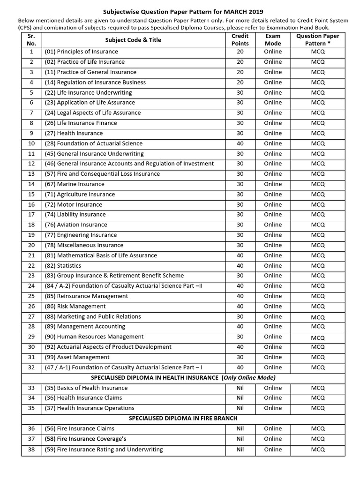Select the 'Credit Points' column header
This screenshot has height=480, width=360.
click(x=240, y=40)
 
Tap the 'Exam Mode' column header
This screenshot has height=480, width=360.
click(x=273, y=40)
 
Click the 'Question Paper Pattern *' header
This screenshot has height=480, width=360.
click(x=317, y=40)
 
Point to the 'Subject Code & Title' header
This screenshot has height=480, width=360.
click(x=133, y=40)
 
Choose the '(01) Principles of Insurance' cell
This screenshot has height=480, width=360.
click(x=82, y=52)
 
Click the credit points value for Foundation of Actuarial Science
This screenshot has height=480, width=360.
click(x=240, y=143)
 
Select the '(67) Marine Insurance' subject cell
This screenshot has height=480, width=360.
click(x=75, y=184)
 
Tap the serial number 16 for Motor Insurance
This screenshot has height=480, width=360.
click(x=31, y=204)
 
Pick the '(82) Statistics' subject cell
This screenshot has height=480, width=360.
click(x=63, y=266)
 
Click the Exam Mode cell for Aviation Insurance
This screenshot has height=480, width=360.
click(x=273, y=225)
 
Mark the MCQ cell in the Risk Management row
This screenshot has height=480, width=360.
click(x=317, y=307)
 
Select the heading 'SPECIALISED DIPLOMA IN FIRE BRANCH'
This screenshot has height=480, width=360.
click(x=183, y=418)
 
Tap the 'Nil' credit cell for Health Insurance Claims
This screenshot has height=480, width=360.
click(x=240, y=398)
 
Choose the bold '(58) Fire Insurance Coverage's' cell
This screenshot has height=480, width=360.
click(x=85, y=439)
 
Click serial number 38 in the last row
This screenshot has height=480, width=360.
click(x=31, y=449)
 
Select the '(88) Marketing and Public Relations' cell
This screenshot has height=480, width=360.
click(x=96, y=316)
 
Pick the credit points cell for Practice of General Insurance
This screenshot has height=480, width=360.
click(x=240, y=72)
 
